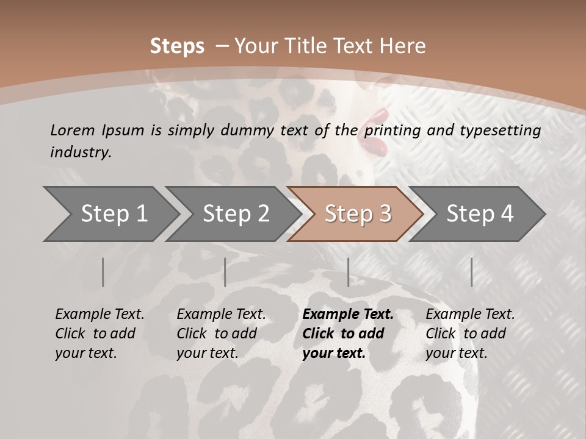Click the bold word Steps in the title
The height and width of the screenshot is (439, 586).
pyautogui.click(x=177, y=46)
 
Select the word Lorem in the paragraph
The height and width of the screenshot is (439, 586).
pyautogui.click(x=73, y=130)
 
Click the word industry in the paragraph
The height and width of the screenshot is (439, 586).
pyautogui.click(x=80, y=152)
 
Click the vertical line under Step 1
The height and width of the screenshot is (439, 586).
pyautogui.click(x=103, y=272)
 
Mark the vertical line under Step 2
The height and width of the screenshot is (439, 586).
pyautogui.click(x=225, y=272)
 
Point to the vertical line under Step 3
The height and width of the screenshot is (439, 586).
pyautogui.click(x=348, y=272)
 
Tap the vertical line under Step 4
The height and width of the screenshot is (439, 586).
pyautogui.click(x=471, y=272)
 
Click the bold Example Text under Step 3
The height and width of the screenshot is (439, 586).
pyautogui.click(x=348, y=315)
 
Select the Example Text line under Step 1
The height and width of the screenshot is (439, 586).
pyautogui.click(x=99, y=315)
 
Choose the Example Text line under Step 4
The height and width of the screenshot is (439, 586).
pyautogui.click(x=470, y=315)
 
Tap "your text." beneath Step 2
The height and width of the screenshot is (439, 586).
pyautogui.click(x=207, y=354)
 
